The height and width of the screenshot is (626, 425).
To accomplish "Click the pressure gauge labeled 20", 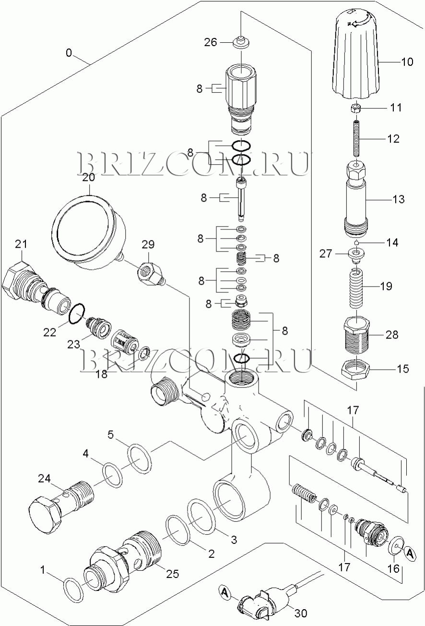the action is [89, 232].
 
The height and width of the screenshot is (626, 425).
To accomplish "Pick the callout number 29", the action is [148, 244].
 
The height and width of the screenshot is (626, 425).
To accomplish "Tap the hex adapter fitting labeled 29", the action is [151, 275].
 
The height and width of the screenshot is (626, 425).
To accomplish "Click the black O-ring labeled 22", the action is [76, 314].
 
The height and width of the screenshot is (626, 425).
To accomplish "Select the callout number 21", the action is [21, 244].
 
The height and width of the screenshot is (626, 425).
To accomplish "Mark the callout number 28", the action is [391, 335].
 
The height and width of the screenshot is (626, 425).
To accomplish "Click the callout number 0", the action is [69, 52].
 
